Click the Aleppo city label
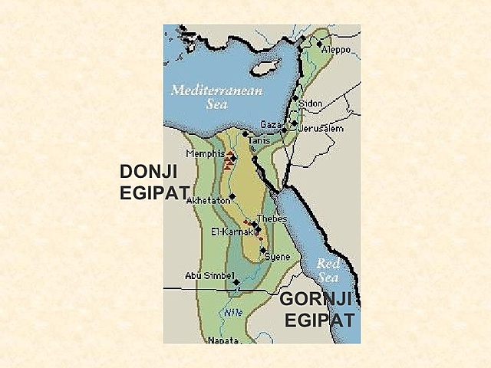click(336, 49)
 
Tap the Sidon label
click(311, 103)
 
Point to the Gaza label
click(271, 124)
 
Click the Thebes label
click(272, 219)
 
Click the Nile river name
click(233, 312)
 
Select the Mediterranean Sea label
click(216, 96)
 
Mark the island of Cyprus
click(263, 68)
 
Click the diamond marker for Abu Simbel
click(236, 282)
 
